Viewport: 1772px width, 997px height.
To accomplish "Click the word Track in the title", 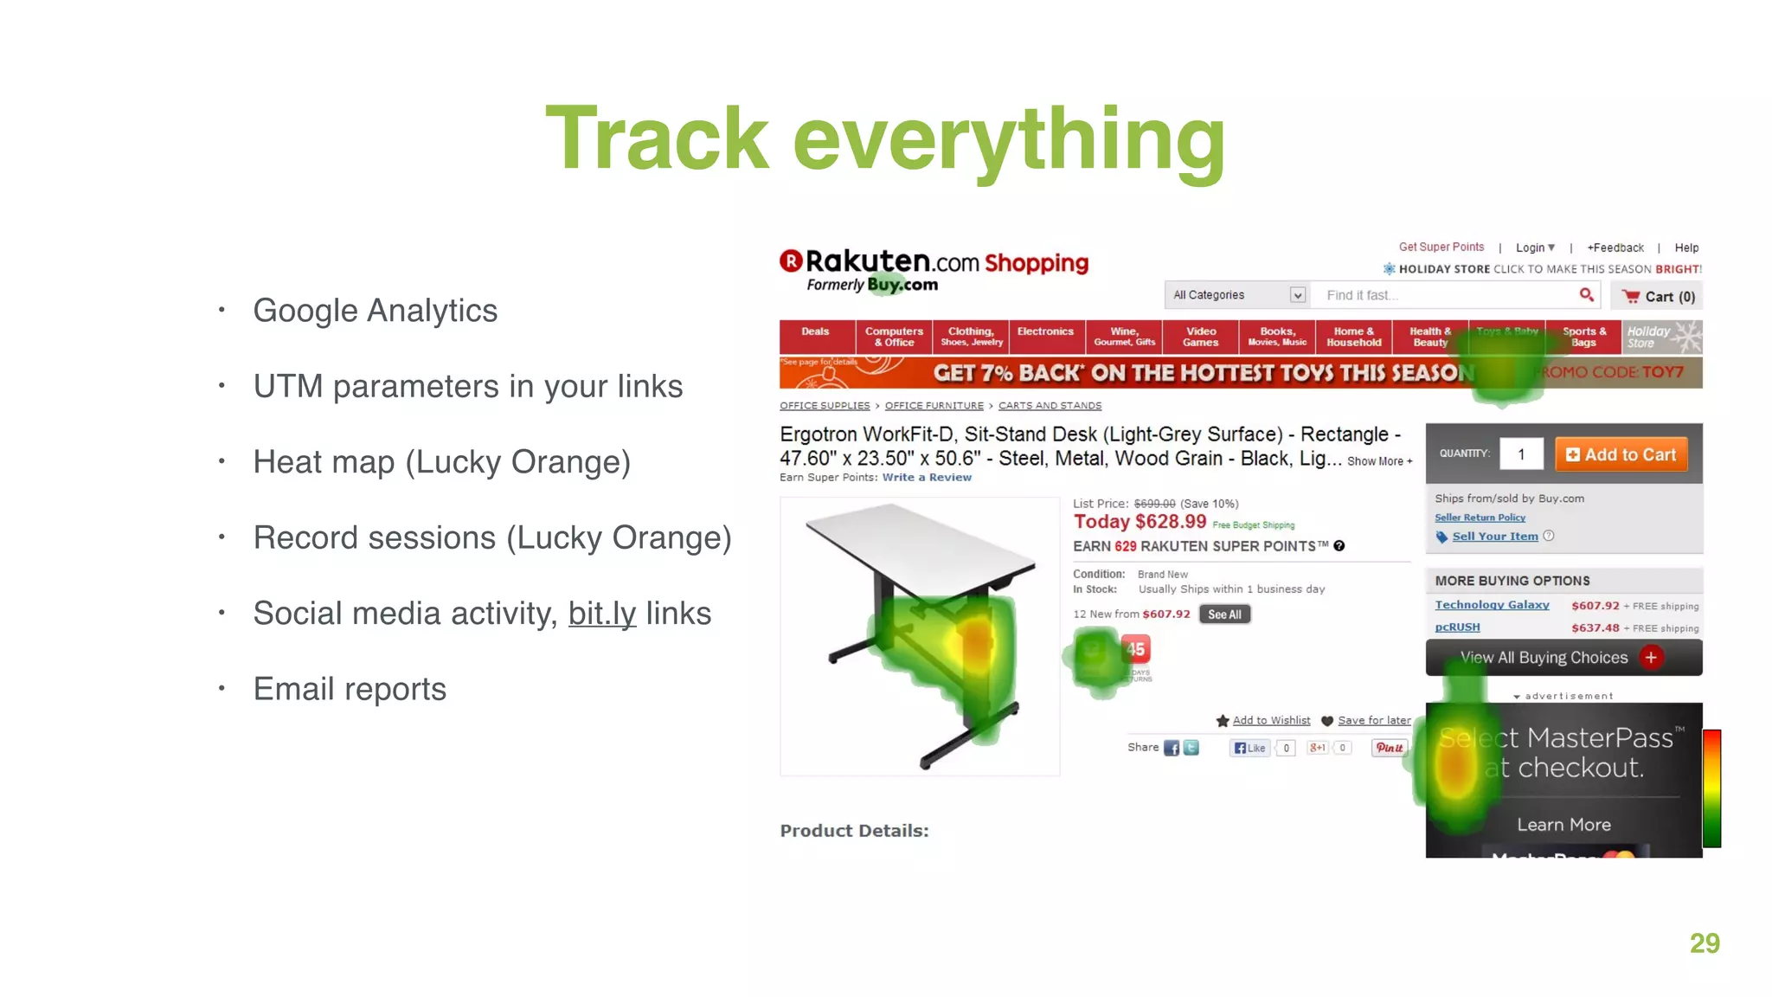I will (657, 138).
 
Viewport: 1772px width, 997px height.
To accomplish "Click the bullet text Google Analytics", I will (375, 311).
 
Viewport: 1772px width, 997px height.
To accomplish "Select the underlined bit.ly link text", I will (601, 614).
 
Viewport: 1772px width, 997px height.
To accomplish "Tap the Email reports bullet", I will (350, 689).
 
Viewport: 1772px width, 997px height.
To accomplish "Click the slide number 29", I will (1704, 943).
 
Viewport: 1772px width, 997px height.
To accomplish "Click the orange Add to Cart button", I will (1621, 454).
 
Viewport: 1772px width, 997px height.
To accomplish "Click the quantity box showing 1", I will (1520, 454).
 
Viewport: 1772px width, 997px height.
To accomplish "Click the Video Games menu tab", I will (1200, 337).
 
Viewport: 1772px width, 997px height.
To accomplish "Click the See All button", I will (1223, 614).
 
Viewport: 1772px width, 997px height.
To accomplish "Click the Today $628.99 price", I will (1140, 522).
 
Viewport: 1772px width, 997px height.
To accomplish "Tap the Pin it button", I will (1389, 748).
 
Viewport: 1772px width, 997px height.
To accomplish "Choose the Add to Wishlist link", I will (1270, 721).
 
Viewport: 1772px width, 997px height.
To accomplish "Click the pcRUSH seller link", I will (1457, 627).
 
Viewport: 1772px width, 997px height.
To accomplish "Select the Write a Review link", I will (926, 478).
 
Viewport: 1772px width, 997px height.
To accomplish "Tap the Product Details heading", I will (854, 831).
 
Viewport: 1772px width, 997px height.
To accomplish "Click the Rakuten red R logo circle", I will (791, 261).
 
